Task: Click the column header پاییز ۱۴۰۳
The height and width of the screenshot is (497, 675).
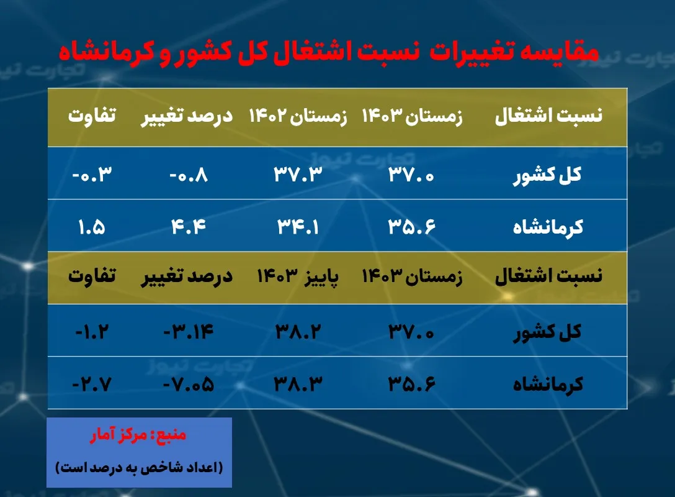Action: [x=298, y=275]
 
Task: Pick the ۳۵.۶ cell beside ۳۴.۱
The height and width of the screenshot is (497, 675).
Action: [x=412, y=227]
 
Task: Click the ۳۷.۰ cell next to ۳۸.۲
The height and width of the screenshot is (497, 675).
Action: [x=412, y=332]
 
